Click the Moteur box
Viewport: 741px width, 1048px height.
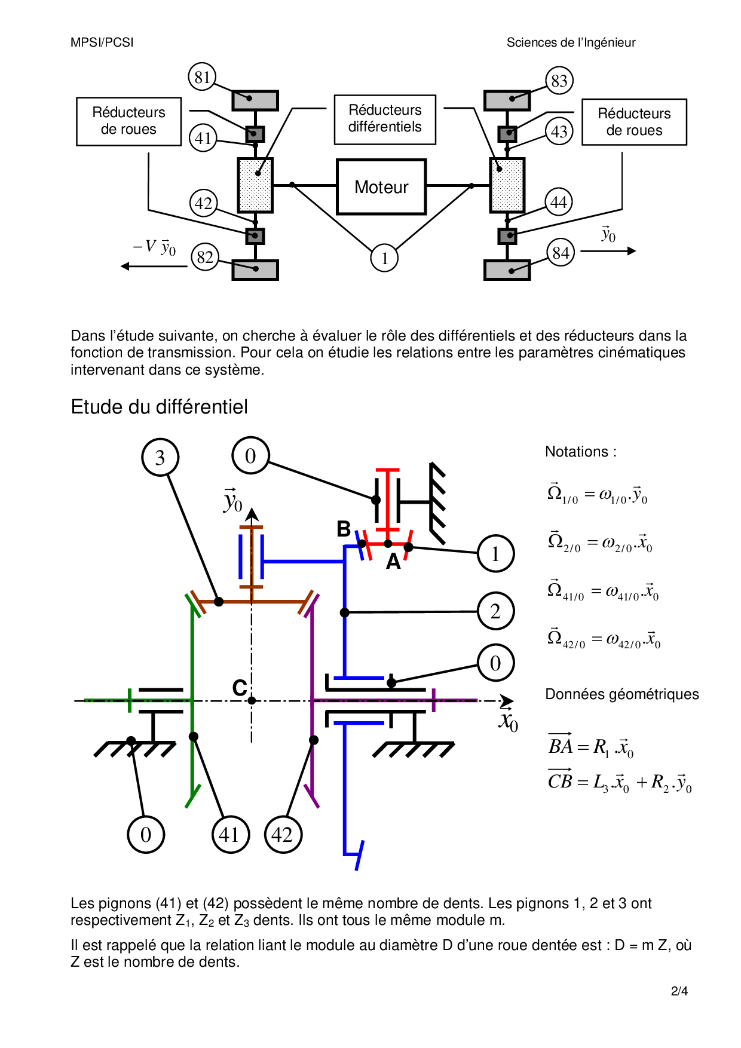click(381, 187)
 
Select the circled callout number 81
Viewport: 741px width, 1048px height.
click(202, 77)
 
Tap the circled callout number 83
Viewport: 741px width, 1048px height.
click(559, 80)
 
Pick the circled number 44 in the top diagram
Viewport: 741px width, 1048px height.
click(559, 203)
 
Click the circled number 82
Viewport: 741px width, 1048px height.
click(205, 257)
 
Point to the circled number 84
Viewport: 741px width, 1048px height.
click(561, 253)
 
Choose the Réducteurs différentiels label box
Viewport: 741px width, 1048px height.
click(385, 119)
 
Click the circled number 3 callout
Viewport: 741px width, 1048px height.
click(160, 458)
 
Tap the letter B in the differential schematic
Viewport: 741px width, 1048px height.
click(344, 529)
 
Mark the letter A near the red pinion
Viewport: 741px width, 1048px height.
click(393, 562)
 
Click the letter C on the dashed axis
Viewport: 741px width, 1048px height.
click(240, 688)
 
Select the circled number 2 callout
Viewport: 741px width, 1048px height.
click(495, 611)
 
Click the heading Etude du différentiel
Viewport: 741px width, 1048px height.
click(159, 407)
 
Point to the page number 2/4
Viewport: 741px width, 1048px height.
click(679, 991)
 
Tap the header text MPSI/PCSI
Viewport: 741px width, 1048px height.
click(102, 42)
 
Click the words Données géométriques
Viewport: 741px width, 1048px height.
click(622, 694)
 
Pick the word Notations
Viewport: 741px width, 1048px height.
click(577, 452)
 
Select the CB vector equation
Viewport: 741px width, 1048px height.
click(620, 782)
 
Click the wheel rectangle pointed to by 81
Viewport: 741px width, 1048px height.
click(255, 100)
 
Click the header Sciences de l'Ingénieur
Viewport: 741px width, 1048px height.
click(571, 42)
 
